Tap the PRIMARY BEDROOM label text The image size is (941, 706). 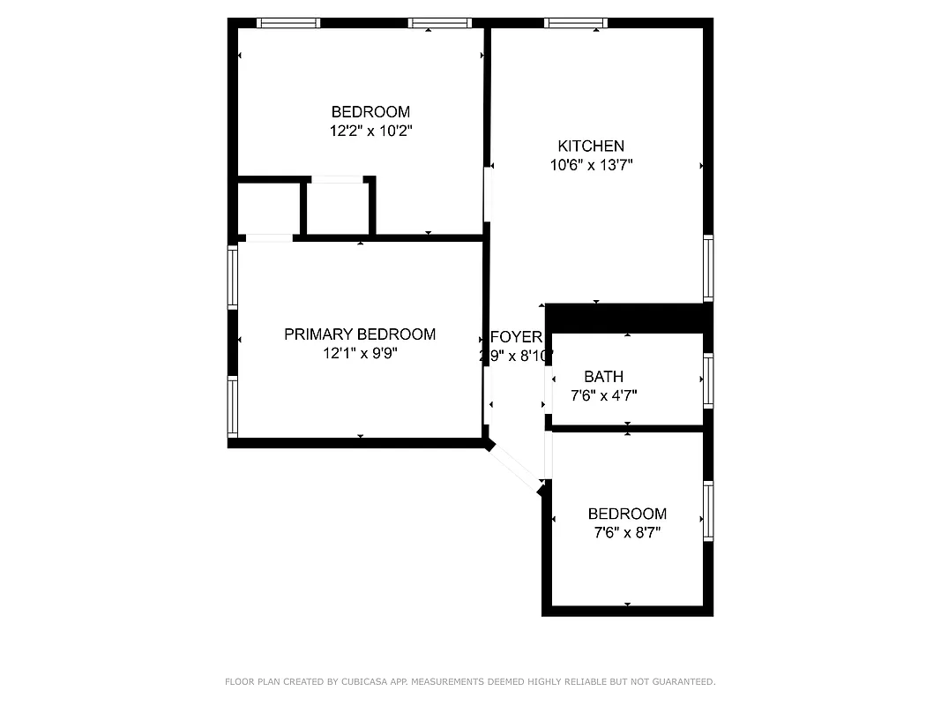point(359,334)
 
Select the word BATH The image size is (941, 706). point(603,377)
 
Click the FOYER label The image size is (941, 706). point(515,337)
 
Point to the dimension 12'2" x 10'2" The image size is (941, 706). point(370,131)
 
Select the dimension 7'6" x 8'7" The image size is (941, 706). point(627,532)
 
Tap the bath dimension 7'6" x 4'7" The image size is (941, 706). point(603,395)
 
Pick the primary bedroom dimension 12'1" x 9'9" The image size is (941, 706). point(359,353)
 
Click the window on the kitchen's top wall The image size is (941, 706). point(576,23)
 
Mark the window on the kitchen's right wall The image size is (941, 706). point(707,268)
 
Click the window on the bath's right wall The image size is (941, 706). point(707,380)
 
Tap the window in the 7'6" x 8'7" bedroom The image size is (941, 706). point(707,512)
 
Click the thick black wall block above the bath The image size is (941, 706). point(628,318)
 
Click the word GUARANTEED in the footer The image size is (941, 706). point(680,681)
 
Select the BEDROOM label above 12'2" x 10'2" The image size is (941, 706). point(370,112)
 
